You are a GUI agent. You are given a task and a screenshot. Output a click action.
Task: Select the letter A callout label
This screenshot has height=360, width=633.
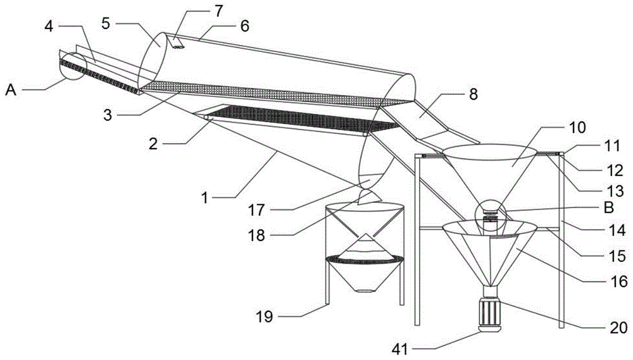(x=11, y=90)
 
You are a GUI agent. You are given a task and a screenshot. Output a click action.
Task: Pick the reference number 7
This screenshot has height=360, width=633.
(x=218, y=11)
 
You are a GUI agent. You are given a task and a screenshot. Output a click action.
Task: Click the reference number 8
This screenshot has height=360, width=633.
(x=473, y=94)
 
